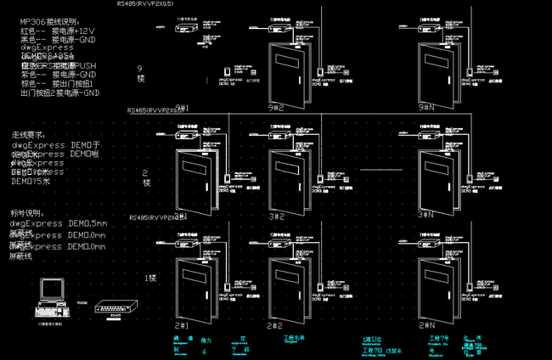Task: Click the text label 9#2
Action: pyautogui.click(x=274, y=109)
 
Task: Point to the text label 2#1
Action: pyautogui.click(x=180, y=324)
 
